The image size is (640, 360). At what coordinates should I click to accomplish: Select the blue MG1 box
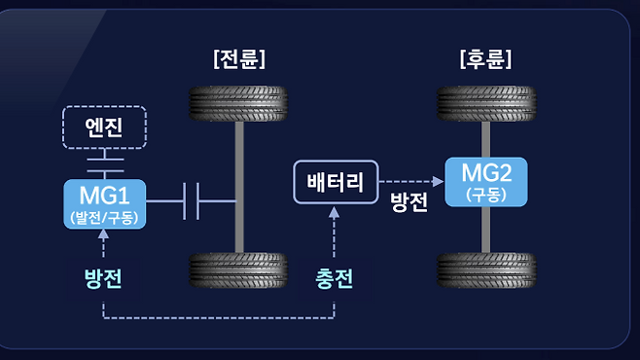coord(104,204)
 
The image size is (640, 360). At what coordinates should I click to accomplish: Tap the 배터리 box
coord(336,182)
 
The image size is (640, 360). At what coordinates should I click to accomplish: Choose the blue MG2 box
coord(486,182)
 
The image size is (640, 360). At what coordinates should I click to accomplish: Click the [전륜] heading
coord(239,59)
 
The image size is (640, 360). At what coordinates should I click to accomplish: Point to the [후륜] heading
coord(485,59)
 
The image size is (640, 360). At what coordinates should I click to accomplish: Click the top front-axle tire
coord(238,103)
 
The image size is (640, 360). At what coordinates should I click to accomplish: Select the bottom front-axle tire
coord(238,270)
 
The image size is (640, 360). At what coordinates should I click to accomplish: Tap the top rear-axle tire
coord(486,103)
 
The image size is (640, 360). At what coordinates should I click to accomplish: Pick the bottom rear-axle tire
coord(486,270)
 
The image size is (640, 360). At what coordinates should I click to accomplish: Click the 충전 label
coord(334,279)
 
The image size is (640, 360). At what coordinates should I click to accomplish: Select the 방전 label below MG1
coord(103,279)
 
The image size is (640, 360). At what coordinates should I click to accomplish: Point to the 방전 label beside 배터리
coord(409,201)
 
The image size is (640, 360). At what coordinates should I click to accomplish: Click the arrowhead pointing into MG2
coord(439,181)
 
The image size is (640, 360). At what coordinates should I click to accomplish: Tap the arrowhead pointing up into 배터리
coord(334,212)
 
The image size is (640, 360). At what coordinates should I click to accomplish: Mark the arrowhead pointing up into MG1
coord(103,234)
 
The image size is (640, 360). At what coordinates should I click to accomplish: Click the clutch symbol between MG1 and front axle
coord(191,201)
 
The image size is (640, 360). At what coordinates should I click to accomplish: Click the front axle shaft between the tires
coord(239,187)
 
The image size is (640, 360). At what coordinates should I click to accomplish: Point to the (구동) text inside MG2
coord(486,195)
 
